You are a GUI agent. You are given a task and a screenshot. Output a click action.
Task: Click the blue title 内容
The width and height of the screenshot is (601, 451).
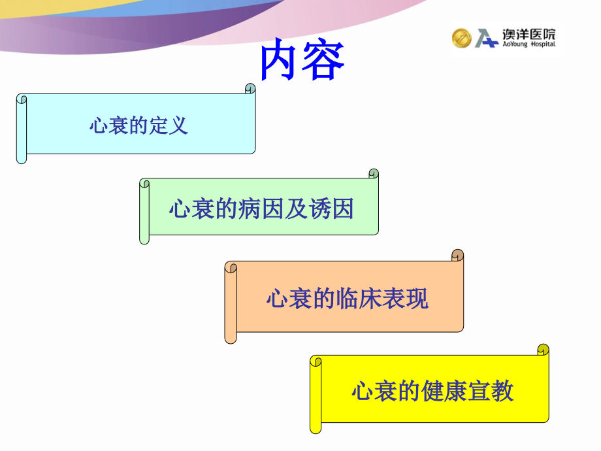click(302, 62)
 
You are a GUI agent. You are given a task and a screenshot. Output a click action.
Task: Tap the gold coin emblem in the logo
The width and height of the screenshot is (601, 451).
click(461, 38)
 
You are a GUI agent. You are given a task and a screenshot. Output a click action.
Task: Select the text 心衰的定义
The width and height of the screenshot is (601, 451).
click(138, 125)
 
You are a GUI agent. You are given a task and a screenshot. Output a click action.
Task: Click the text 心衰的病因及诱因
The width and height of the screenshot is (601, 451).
click(261, 209)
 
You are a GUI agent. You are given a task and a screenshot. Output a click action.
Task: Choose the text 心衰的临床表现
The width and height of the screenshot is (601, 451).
click(347, 299)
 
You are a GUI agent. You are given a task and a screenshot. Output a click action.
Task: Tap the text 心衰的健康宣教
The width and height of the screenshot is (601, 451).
click(432, 390)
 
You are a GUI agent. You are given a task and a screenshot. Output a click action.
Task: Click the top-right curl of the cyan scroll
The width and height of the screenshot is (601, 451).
click(250, 89)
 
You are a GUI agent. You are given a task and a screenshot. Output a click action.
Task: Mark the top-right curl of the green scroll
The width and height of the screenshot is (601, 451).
click(374, 174)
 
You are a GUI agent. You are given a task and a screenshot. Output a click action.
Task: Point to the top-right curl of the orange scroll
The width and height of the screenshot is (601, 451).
click(458, 255)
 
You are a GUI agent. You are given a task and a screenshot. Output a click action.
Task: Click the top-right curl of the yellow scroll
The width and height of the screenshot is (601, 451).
click(543, 350)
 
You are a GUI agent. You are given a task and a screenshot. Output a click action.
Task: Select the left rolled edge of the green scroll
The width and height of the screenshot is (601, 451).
click(144, 211)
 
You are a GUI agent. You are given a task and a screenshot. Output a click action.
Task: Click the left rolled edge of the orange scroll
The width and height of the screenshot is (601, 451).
click(231, 302)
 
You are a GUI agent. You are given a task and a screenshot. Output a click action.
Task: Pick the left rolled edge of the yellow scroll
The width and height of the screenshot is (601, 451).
click(316, 394)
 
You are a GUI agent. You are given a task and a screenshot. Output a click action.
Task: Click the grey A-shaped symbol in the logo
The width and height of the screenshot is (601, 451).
click(486, 39)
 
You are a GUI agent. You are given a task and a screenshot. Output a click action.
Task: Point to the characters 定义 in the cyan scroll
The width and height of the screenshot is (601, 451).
click(172, 125)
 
